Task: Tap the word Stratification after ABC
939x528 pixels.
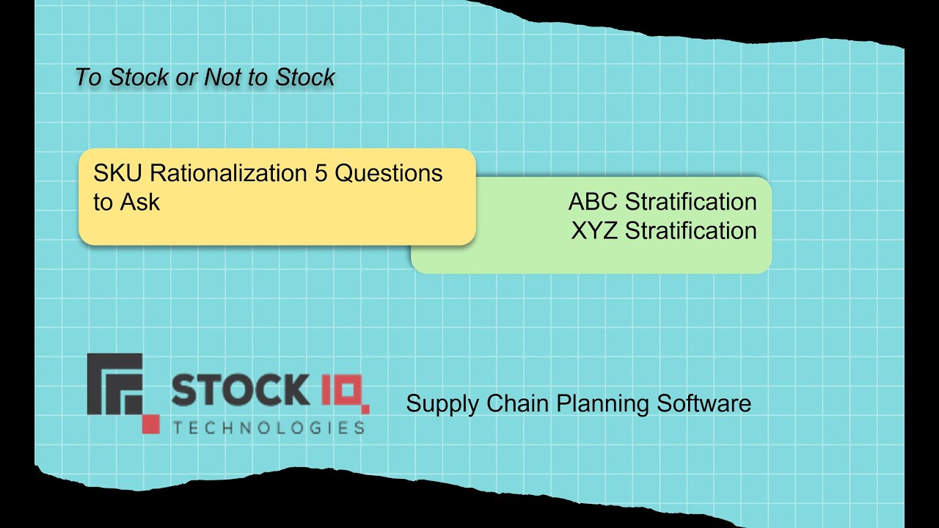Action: pos(691,202)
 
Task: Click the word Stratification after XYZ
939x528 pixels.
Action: pos(691,230)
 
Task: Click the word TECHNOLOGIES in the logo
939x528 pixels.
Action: pos(268,427)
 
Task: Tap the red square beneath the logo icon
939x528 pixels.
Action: pos(150,424)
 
